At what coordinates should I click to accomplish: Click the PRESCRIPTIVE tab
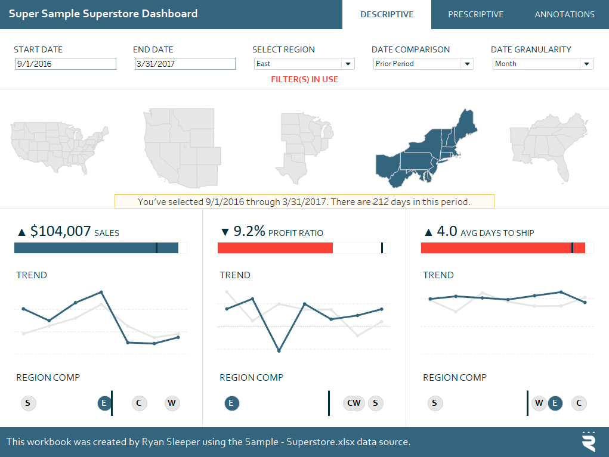[x=475, y=14]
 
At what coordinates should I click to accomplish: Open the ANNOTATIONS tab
[x=564, y=14]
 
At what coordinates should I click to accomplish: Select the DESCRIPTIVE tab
[x=387, y=14]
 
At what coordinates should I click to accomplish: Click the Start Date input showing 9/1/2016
[x=66, y=64]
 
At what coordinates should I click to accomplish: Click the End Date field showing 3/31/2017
[x=185, y=64]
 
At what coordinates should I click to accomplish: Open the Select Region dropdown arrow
[x=347, y=64]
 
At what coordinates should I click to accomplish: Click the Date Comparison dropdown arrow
[x=466, y=64]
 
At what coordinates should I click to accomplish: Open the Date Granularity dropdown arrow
[x=586, y=64]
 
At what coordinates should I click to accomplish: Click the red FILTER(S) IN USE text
[x=304, y=79]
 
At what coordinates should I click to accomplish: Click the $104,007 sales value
[x=60, y=231]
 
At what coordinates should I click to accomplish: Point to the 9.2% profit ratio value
[x=249, y=231]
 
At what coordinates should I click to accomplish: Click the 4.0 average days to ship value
[x=447, y=231]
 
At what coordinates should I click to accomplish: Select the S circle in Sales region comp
[x=27, y=403]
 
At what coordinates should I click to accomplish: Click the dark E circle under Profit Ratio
[x=231, y=403]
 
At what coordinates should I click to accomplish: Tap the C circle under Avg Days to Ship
[x=578, y=403]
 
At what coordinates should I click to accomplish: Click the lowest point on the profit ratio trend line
[x=279, y=350]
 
